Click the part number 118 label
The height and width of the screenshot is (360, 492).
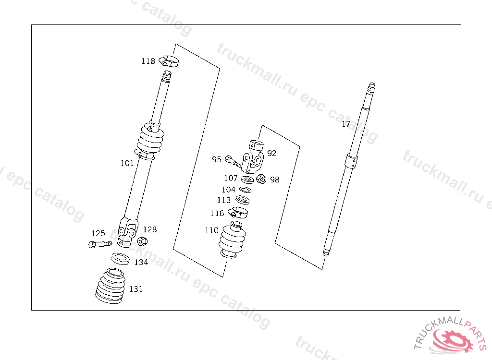tap(148, 61)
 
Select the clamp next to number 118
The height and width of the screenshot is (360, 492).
tap(169, 61)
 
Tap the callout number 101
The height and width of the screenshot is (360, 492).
tap(127, 163)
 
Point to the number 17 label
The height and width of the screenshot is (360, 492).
tap(346, 124)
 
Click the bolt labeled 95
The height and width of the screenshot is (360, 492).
tap(233, 161)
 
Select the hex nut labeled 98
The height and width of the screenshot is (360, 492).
tap(261, 179)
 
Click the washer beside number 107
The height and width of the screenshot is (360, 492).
tap(247, 180)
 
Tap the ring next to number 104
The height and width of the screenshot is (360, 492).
tap(245, 190)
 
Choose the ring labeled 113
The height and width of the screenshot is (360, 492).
tap(243, 200)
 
